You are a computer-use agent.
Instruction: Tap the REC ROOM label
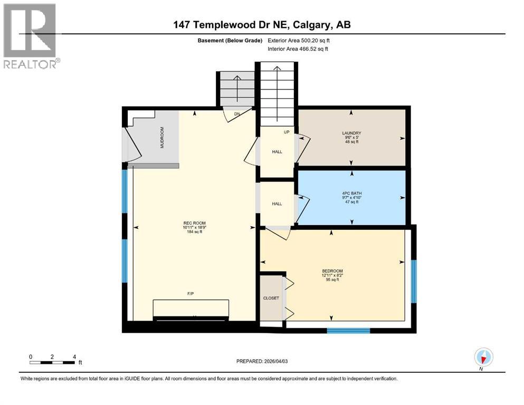point(193,223)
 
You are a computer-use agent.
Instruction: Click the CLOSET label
point(271,298)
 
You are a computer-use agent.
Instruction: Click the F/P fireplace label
point(191,294)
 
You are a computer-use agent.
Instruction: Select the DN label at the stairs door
point(238,113)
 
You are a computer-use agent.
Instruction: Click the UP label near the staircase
point(287,132)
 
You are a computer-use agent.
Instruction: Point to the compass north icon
point(483,357)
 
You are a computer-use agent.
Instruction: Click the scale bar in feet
point(52,362)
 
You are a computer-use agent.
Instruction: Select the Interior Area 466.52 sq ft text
point(300,49)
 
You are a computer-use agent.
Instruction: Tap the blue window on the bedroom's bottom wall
point(348,331)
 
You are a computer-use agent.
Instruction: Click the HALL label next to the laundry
point(277,152)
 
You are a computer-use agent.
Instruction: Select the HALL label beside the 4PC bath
point(277,204)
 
